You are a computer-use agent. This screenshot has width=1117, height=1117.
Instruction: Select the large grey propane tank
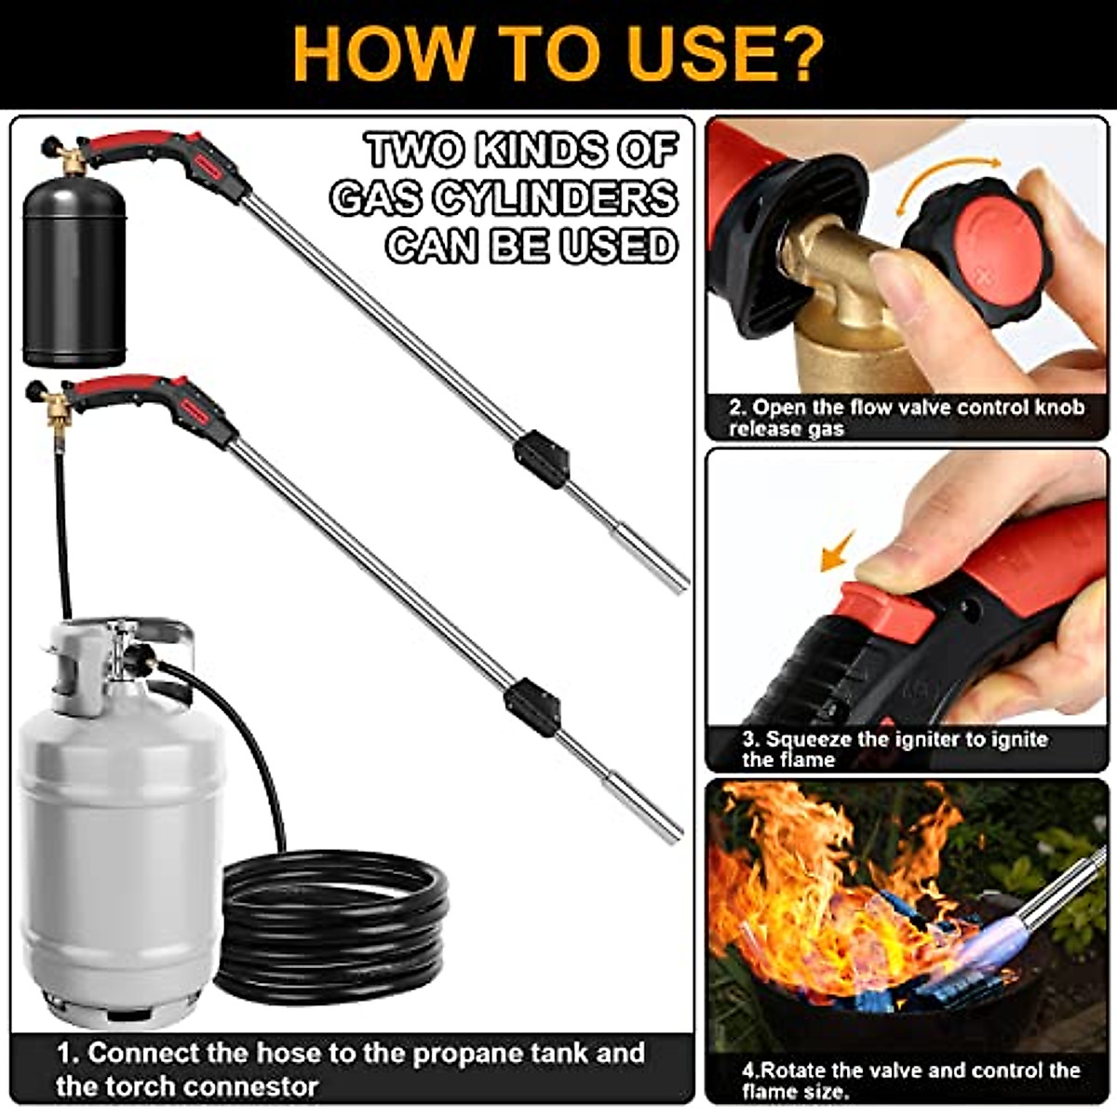[x=121, y=838]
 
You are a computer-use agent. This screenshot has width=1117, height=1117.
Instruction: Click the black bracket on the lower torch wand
[x=532, y=707]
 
